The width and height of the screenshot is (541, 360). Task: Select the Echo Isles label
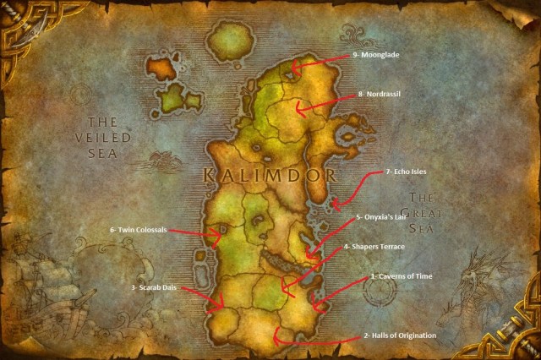(406, 171)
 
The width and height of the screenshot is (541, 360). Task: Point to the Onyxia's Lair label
(382, 216)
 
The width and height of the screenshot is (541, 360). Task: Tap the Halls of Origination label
(400, 336)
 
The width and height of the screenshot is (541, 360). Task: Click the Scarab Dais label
(154, 287)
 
